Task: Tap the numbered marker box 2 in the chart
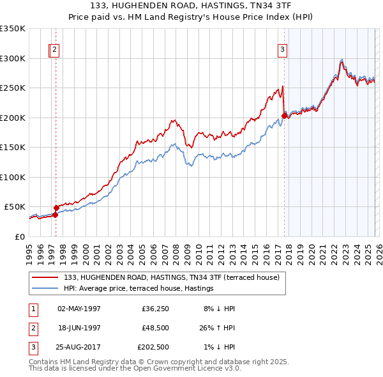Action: pyautogui.click(x=55, y=50)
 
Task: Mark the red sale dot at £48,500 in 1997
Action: pyautogui.click(x=56, y=208)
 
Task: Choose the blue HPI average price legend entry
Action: pyautogui.click(x=138, y=289)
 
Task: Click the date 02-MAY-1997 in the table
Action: pyautogui.click(x=79, y=309)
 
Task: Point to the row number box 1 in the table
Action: pyautogui.click(x=33, y=309)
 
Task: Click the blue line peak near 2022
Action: pyautogui.click(x=342, y=60)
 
